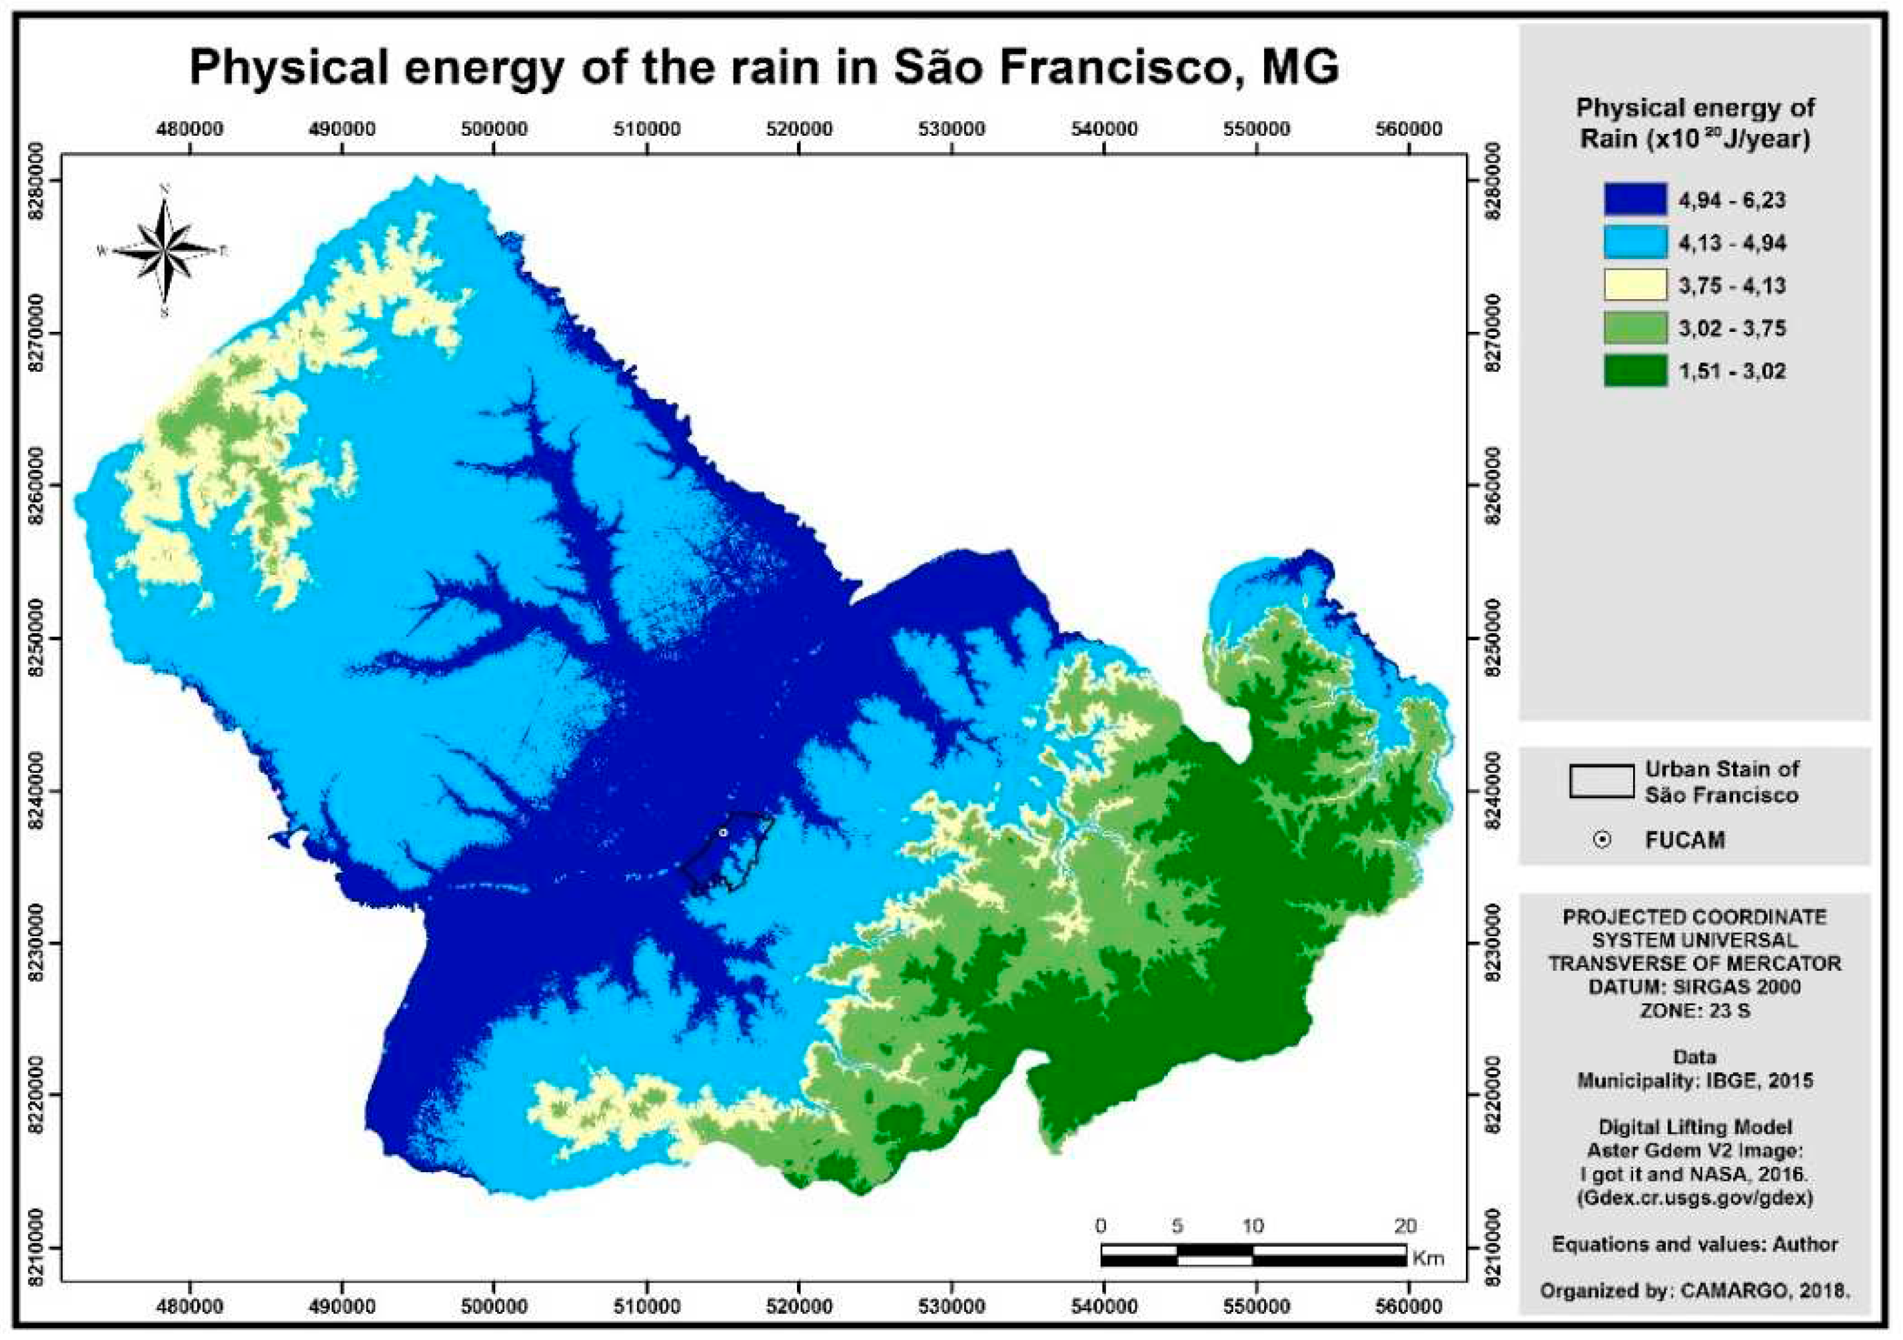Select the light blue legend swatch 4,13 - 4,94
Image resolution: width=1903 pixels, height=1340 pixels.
click(x=1634, y=243)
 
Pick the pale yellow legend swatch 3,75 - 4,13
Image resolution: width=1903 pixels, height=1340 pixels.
click(x=1634, y=285)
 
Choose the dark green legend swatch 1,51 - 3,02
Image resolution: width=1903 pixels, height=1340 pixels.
click(x=1634, y=370)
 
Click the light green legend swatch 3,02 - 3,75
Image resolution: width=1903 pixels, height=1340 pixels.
click(x=1634, y=328)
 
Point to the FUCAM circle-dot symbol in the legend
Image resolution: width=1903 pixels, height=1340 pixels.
click(x=1603, y=840)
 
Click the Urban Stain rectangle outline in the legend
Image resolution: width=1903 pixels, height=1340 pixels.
click(x=1601, y=782)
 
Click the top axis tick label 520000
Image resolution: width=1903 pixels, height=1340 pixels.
click(x=799, y=129)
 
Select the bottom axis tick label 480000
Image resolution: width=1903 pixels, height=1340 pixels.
click(x=190, y=1307)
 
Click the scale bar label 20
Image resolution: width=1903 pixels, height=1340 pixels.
click(x=1405, y=1225)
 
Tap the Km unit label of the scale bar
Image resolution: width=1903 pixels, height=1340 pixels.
click(x=1427, y=1259)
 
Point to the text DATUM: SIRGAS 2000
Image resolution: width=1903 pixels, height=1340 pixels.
click(x=1694, y=988)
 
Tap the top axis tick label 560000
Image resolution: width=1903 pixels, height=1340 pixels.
click(x=1409, y=129)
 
